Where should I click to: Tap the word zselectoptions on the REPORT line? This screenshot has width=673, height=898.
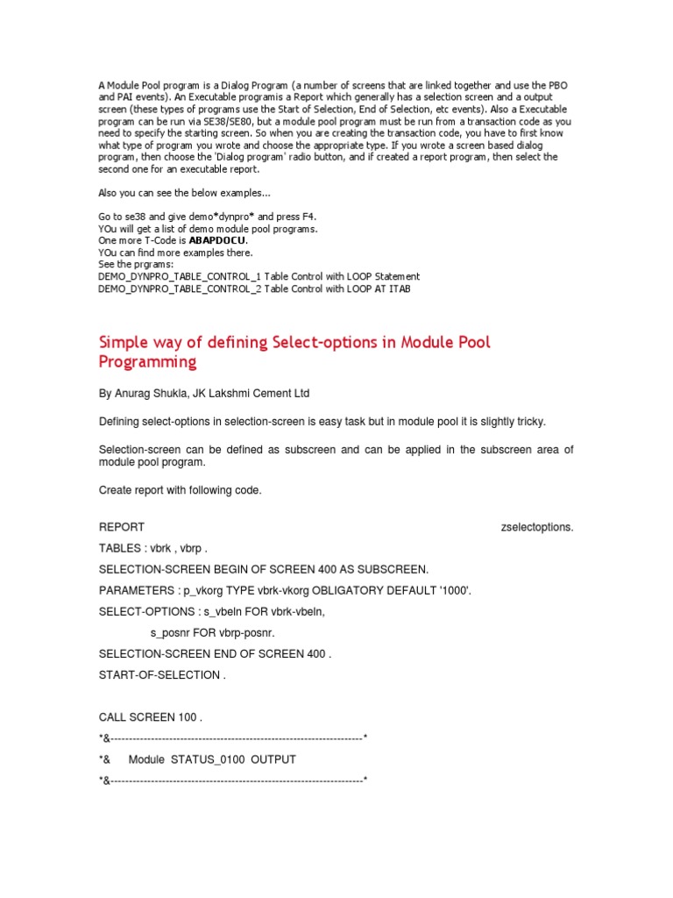point(536,527)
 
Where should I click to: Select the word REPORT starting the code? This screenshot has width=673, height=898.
point(122,527)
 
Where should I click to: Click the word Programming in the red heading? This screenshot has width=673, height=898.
point(147,361)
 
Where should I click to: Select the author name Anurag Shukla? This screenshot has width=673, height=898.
point(152,394)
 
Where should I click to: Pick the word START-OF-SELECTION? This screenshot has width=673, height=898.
point(159,674)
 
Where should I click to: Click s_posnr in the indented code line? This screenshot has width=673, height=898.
point(174,632)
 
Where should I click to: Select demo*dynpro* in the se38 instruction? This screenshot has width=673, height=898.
point(199,216)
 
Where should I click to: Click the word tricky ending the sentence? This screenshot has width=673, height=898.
point(528,422)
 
